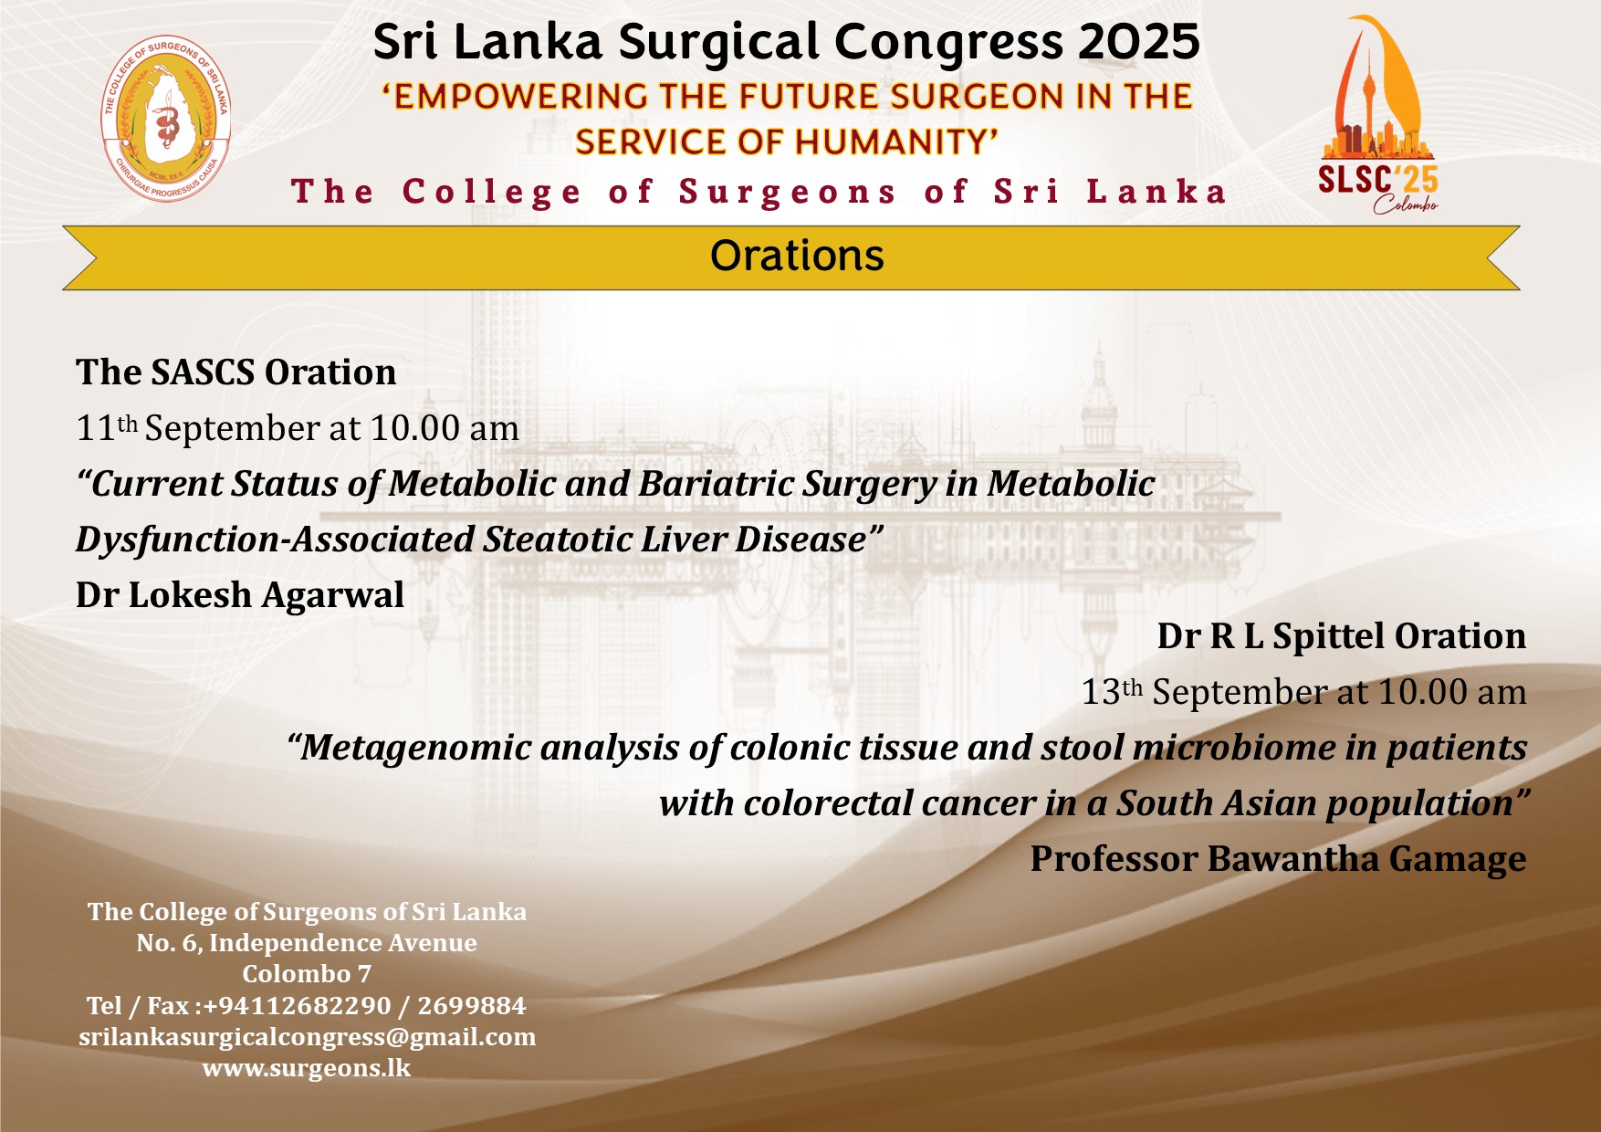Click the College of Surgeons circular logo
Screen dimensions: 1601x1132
166,118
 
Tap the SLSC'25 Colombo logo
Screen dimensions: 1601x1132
1377,114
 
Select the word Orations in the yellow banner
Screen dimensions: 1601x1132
797,256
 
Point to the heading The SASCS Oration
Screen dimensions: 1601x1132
235,372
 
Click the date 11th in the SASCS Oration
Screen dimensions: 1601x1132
107,427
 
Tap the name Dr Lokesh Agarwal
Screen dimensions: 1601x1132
240,595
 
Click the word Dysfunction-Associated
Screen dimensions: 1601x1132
275,540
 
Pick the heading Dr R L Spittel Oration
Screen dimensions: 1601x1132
1342,636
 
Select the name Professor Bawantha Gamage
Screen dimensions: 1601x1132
1278,859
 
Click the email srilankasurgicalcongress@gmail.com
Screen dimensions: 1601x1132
308,1037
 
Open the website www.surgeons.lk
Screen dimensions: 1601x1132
307,1068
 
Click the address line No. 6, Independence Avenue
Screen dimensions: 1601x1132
307,943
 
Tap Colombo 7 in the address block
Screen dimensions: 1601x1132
307,974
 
